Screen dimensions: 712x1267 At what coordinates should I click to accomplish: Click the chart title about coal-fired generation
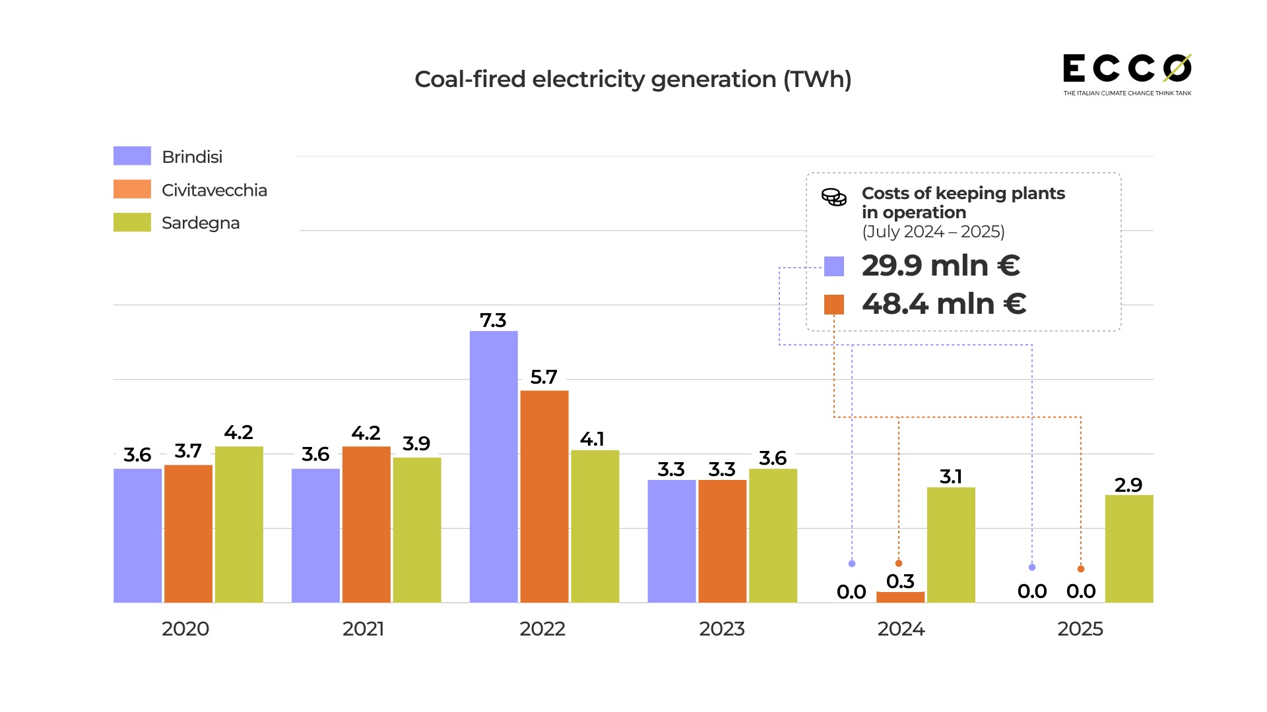click(633, 79)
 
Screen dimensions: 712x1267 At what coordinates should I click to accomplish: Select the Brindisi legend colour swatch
click(132, 156)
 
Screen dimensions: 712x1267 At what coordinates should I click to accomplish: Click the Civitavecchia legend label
click(214, 190)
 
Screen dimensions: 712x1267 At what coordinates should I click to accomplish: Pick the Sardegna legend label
click(201, 223)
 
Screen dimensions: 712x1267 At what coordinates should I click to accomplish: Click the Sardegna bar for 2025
click(1129, 549)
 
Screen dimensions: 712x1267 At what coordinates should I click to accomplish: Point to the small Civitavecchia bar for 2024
click(900, 597)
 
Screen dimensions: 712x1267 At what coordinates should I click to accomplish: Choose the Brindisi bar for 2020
click(137, 535)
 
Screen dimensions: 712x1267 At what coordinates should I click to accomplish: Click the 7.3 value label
click(493, 320)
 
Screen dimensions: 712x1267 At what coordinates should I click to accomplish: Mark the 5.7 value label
click(544, 377)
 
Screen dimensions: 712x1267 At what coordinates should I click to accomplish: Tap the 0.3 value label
click(900, 581)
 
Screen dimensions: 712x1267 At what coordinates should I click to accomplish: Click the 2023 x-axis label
click(722, 629)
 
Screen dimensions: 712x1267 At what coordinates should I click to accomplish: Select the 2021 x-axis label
click(364, 629)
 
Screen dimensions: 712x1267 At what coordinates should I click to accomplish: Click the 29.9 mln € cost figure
click(941, 266)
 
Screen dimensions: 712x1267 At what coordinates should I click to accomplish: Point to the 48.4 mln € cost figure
click(944, 304)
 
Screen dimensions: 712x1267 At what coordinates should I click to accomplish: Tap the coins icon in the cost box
click(834, 197)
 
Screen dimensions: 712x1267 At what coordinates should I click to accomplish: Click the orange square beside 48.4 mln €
click(834, 305)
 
